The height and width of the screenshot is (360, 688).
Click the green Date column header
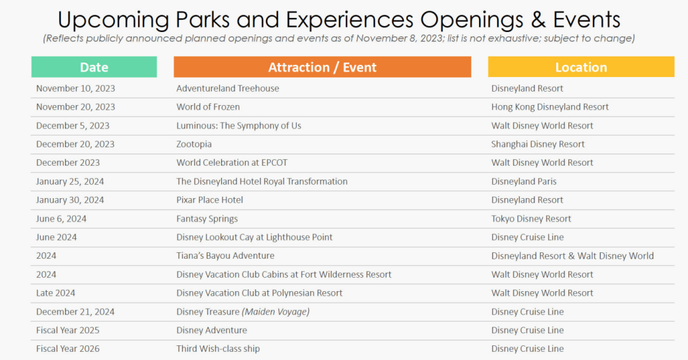tap(94, 67)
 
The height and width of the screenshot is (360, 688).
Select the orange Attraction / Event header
tap(322, 67)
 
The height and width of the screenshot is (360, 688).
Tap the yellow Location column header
tap(581, 67)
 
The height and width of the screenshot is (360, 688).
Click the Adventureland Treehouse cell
tap(227, 88)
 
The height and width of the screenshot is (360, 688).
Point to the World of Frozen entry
tap(208, 106)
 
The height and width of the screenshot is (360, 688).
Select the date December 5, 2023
tap(73, 126)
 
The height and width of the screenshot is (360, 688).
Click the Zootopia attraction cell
tap(194, 144)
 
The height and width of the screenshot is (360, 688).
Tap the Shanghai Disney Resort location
tap(538, 144)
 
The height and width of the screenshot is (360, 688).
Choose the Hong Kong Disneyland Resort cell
tap(550, 106)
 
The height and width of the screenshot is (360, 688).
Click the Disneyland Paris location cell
tap(524, 182)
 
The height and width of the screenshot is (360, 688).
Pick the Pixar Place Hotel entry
tap(210, 200)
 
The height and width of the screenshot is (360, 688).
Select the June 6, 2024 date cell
tap(61, 219)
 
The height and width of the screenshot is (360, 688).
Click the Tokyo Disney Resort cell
tap(531, 219)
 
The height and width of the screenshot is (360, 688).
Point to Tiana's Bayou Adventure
tap(226, 256)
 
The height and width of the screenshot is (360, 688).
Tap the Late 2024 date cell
tap(55, 293)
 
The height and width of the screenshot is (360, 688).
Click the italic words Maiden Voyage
tap(276, 312)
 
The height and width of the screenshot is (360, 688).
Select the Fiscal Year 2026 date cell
tap(68, 349)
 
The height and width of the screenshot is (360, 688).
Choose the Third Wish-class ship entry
tap(218, 349)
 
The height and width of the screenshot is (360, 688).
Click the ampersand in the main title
tap(538, 20)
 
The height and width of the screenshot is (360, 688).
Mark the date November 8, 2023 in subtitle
tap(399, 38)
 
